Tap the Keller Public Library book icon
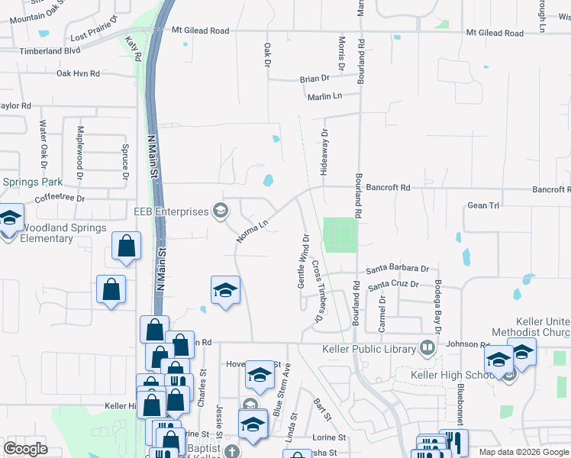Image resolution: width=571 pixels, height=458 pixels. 427,349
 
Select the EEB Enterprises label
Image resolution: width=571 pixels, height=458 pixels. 172,211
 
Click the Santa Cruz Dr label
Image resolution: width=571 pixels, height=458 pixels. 393,285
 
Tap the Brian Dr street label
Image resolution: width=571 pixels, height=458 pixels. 315,79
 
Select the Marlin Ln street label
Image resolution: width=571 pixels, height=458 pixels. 325,96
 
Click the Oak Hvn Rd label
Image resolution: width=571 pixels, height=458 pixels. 78,73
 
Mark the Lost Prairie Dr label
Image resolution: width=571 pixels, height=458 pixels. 94,37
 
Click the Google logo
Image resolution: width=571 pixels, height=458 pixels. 26,449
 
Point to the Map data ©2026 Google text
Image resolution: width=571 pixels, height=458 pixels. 523,452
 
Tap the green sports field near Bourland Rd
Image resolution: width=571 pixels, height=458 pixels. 340,235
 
